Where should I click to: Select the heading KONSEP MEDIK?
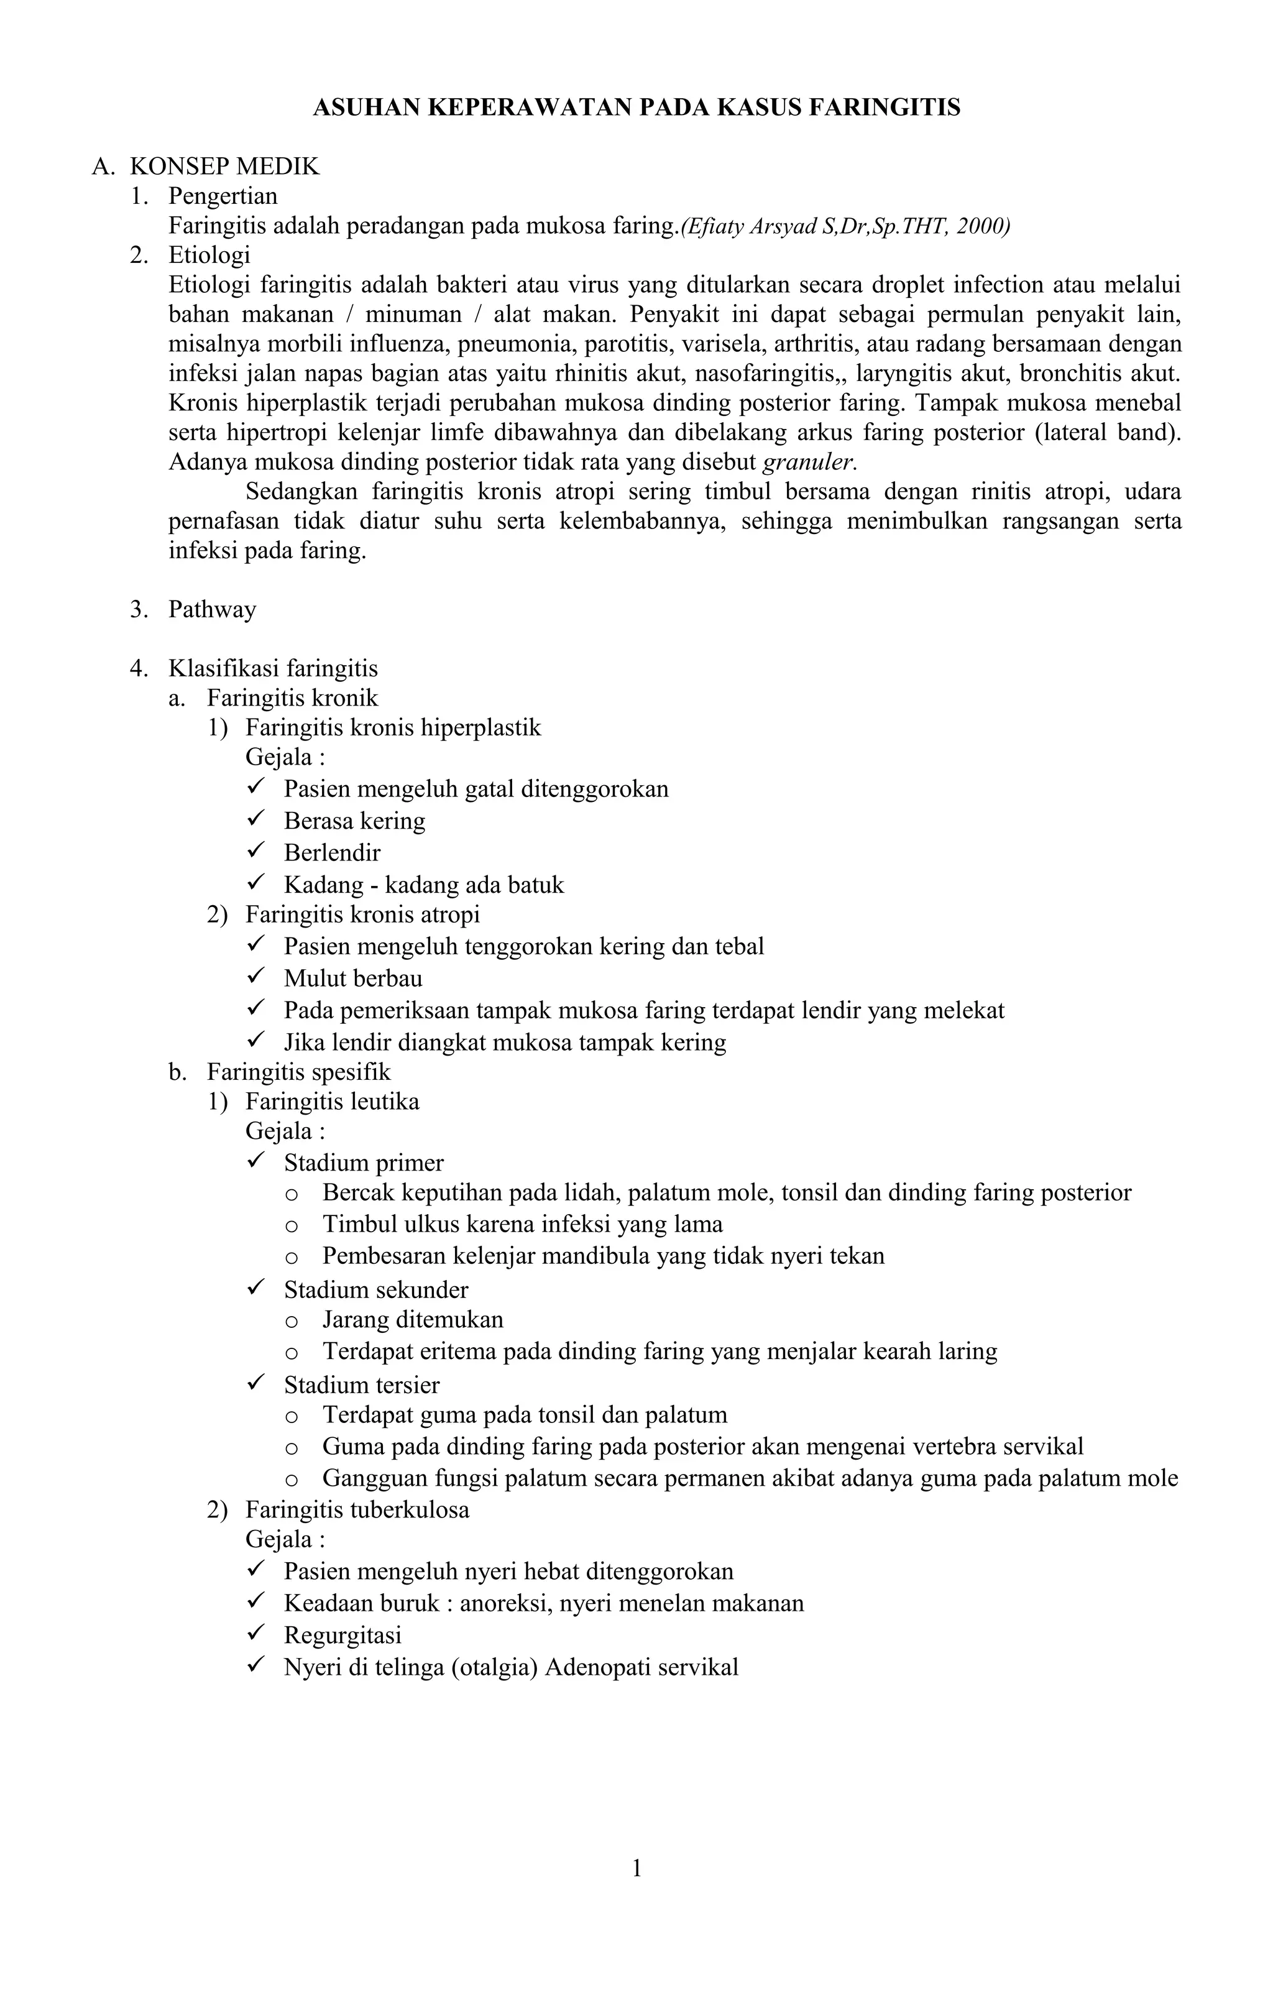point(224,167)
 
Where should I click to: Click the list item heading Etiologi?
point(209,254)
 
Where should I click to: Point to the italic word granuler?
point(809,462)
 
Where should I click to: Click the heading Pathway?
point(212,610)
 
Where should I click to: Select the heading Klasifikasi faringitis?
point(273,668)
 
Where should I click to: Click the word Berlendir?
point(332,852)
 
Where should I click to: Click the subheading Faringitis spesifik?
point(298,1072)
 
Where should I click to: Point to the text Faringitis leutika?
point(332,1102)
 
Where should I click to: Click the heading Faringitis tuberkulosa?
point(357,1510)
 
